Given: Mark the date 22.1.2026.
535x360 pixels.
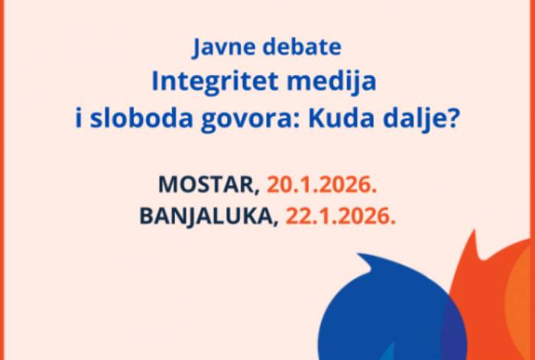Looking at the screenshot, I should click(341, 216).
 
